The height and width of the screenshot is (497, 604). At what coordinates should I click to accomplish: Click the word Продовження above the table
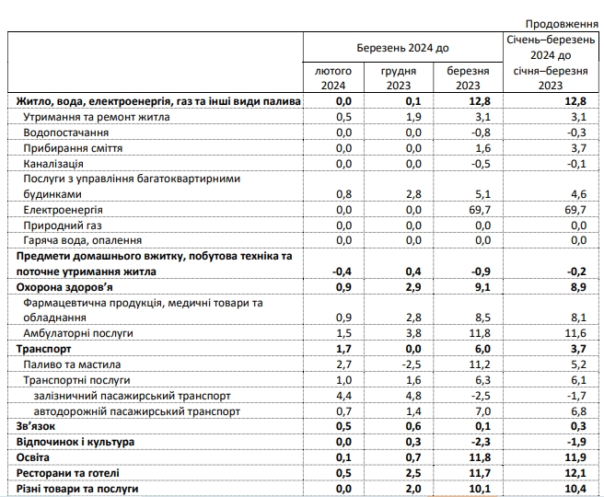click(x=560, y=21)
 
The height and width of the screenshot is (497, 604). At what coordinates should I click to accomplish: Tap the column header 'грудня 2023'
click(x=399, y=78)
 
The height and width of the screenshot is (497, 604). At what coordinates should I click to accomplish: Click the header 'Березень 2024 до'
click(x=402, y=47)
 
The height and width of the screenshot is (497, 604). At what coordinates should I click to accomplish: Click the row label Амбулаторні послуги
click(x=78, y=333)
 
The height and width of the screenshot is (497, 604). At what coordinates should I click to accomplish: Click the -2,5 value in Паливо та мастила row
click(x=408, y=364)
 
